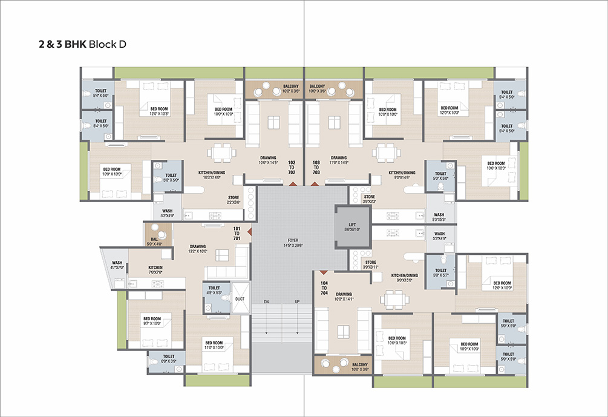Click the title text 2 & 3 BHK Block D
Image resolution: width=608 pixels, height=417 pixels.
coord(81,45)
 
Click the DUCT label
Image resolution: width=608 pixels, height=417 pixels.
coord(240,299)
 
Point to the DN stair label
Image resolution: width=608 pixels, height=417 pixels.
coord(266,301)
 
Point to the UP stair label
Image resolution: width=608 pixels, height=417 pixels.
coord(297,301)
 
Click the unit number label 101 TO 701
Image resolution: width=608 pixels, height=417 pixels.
coord(237,232)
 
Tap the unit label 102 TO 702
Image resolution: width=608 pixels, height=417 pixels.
coord(292,167)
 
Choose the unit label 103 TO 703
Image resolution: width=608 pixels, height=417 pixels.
coord(316,167)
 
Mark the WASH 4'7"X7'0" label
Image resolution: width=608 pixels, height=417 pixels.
coord(117,264)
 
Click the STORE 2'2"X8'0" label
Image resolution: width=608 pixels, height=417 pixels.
coord(234,200)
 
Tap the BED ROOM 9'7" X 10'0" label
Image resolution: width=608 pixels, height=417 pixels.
coord(152,321)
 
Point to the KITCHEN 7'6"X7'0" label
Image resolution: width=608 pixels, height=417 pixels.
coord(155,270)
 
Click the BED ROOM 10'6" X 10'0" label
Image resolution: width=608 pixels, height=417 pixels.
coord(495,166)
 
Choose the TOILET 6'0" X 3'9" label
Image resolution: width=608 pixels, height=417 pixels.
coord(168,360)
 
